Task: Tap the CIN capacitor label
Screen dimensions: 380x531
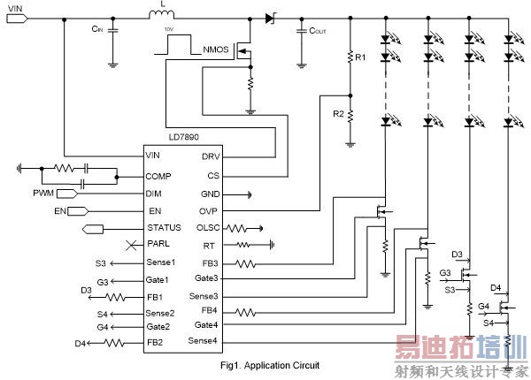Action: (97, 29)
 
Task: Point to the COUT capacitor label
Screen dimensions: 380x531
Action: (318, 29)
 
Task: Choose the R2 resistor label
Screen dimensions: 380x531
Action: (337, 114)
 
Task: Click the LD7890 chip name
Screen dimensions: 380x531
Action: (185, 140)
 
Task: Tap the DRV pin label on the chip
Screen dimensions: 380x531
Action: (210, 156)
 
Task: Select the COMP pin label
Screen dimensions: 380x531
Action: (159, 176)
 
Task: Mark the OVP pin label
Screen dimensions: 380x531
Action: (209, 210)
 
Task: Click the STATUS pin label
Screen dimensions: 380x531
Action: (164, 228)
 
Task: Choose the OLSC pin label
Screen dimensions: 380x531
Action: (207, 227)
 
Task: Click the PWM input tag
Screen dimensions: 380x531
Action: (47, 193)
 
